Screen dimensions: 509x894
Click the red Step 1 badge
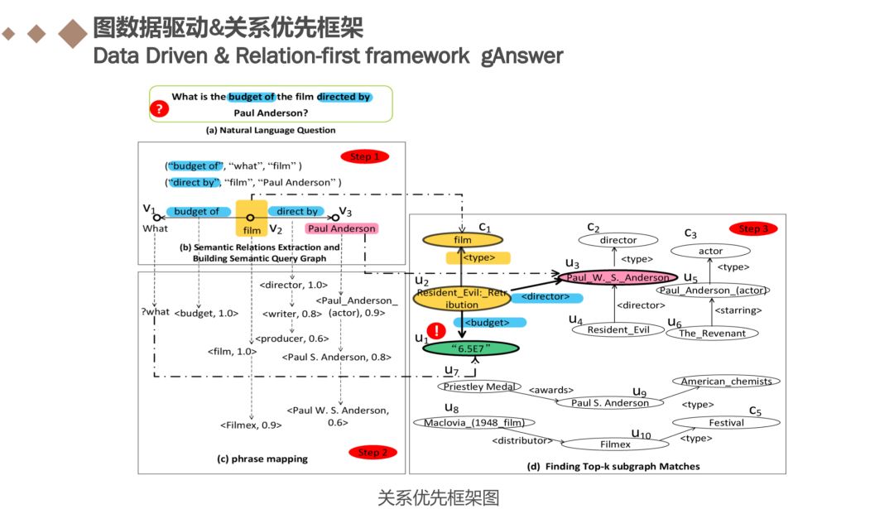[364, 156]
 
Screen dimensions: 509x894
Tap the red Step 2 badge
[373, 452]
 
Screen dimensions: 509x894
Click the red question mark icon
[159, 108]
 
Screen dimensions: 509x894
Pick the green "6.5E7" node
[469, 348]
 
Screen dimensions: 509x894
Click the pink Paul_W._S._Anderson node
[618, 277]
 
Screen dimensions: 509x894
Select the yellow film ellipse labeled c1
[463, 240]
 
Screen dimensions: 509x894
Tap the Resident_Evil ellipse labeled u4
[614, 329]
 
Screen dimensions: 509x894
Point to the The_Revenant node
[711, 333]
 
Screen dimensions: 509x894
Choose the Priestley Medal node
[480, 386]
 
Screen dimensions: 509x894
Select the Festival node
[726, 422]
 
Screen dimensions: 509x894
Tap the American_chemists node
[726, 382]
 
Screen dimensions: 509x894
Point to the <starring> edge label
[738, 312]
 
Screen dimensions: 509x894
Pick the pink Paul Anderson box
[341, 228]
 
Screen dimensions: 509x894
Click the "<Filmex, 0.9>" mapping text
[251, 425]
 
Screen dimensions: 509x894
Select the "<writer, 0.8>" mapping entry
[291, 314]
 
